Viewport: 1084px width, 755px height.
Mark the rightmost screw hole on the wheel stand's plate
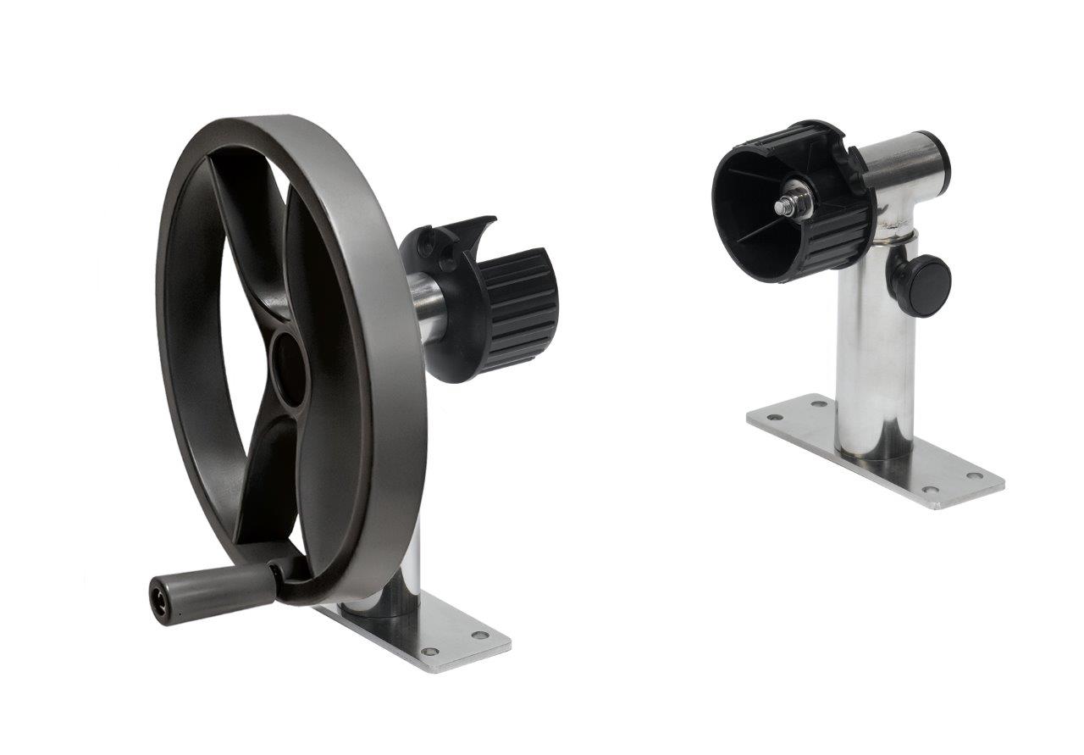point(480,635)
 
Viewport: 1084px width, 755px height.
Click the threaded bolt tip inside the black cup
point(780,205)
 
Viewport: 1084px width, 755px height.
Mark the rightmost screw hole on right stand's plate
point(976,475)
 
